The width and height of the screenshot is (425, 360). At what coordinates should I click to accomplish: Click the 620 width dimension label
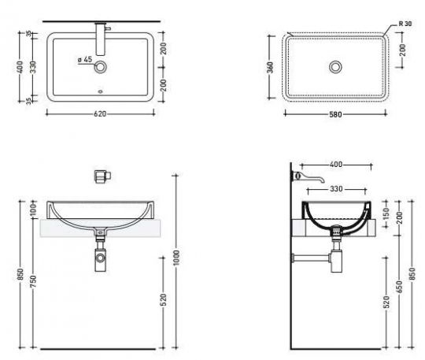(100, 114)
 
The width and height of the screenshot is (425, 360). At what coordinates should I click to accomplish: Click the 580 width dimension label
(335, 114)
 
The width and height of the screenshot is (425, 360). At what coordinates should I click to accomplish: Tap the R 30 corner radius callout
(405, 24)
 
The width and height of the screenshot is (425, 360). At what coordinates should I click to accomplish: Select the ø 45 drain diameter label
(85, 59)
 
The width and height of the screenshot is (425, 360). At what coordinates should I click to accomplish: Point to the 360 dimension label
(270, 67)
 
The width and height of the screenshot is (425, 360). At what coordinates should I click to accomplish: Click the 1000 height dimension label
(176, 258)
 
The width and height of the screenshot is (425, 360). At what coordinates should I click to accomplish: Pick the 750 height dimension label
(33, 281)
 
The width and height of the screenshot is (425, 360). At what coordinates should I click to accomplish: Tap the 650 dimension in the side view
(400, 287)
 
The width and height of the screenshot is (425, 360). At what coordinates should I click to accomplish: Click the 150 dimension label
(386, 213)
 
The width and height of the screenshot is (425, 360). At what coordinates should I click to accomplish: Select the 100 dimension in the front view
(33, 210)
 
